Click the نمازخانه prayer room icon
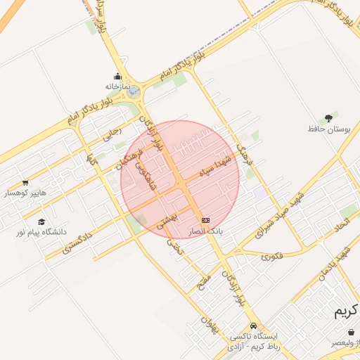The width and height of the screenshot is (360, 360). click(x=117, y=77)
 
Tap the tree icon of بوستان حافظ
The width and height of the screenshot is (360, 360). click(x=328, y=118)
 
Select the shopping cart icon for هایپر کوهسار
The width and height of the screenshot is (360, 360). click(x=26, y=183)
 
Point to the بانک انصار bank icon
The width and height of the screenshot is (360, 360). click(x=205, y=221)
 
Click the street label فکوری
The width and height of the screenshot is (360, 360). click(x=272, y=256)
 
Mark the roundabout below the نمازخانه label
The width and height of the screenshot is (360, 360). click(x=134, y=91)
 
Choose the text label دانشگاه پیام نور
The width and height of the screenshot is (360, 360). click(x=41, y=231)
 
